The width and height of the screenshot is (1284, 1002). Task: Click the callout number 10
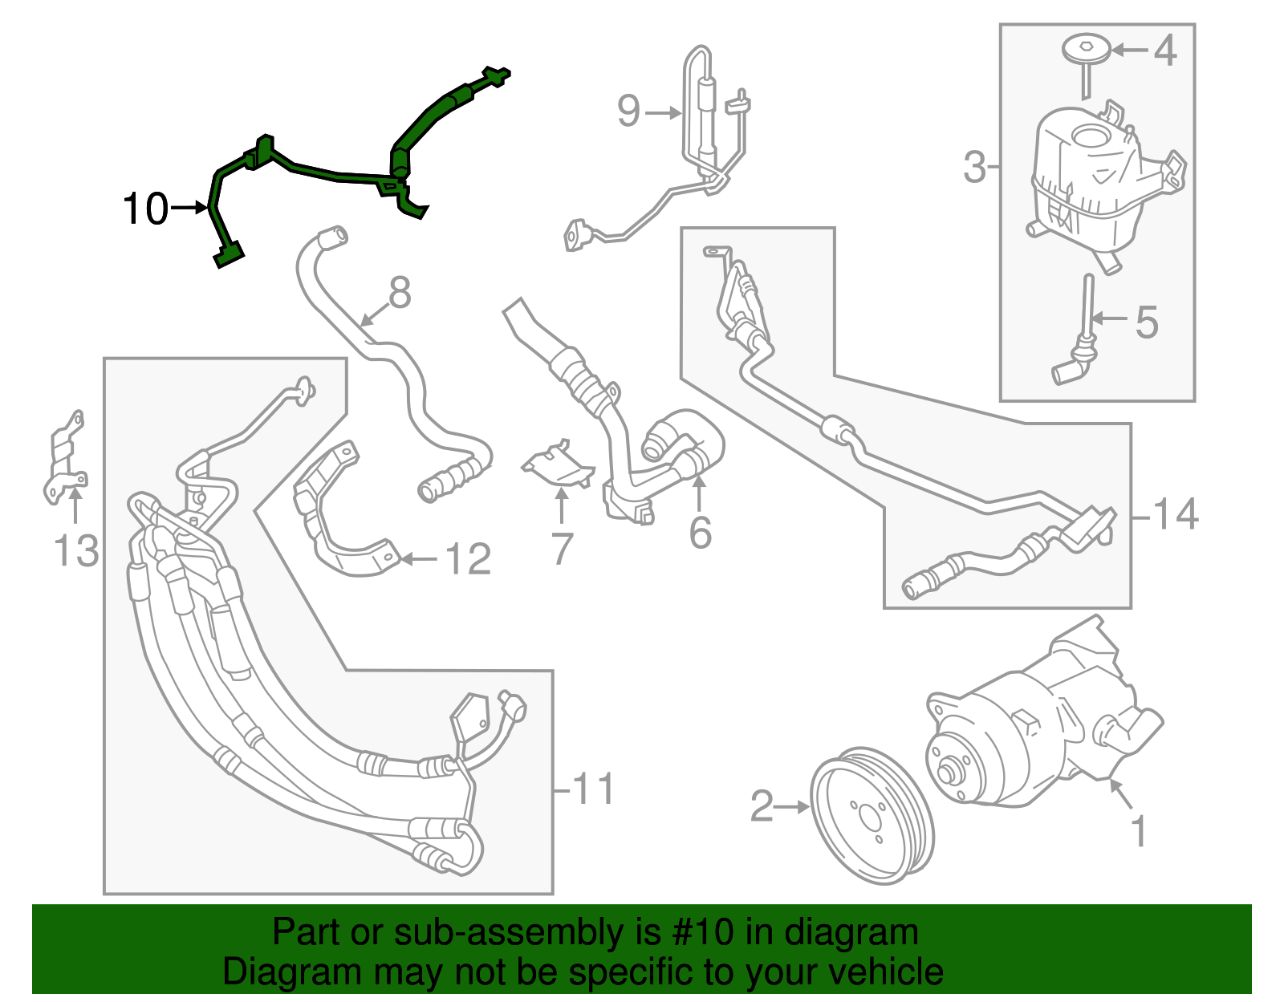(145, 209)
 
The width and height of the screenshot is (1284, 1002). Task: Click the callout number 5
(1147, 322)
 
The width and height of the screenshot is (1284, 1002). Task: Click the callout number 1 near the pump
(1139, 831)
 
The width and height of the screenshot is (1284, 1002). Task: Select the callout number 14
(1176, 513)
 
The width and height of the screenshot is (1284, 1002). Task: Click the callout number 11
(594, 789)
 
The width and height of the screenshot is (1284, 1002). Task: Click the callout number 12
(468, 559)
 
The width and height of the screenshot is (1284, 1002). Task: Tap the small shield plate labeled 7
(560, 469)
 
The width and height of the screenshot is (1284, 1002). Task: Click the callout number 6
(700, 533)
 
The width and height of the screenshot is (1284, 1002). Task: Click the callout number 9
(629, 111)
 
